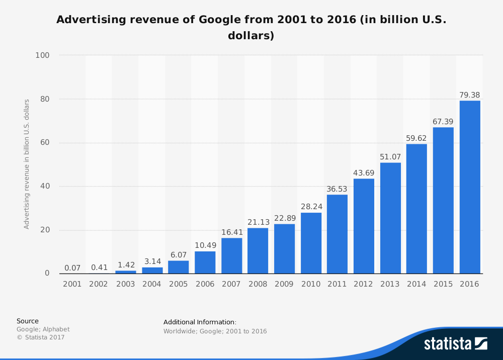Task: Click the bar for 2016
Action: point(469,187)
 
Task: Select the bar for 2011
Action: point(337,234)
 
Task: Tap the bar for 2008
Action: point(258,251)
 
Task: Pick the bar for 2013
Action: point(390,218)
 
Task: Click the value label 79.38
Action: point(469,95)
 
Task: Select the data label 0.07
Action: point(72,268)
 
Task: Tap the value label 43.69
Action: point(364,172)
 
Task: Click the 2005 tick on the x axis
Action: point(178,284)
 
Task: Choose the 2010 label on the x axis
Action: point(311,284)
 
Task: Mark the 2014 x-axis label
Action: point(416,284)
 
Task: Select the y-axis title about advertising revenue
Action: point(27,164)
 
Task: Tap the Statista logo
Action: point(455,343)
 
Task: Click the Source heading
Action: point(27,321)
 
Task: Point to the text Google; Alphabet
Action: point(43,329)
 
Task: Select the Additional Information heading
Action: point(200,322)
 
